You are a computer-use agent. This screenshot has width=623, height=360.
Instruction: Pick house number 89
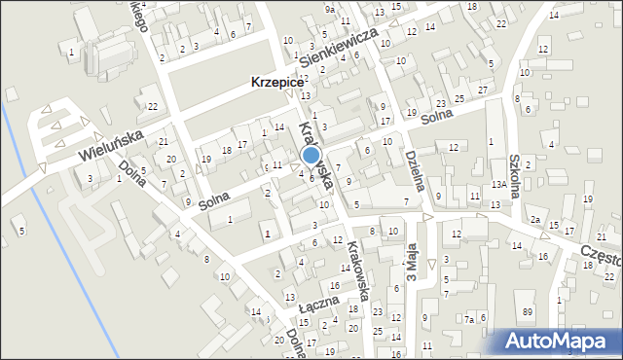(x=555, y=310)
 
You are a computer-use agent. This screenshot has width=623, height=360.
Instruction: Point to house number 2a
(x=535, y=220)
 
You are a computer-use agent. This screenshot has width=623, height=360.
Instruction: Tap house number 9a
(x=330, y=9)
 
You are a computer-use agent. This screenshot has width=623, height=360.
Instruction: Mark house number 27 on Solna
(x=484, y=90)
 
